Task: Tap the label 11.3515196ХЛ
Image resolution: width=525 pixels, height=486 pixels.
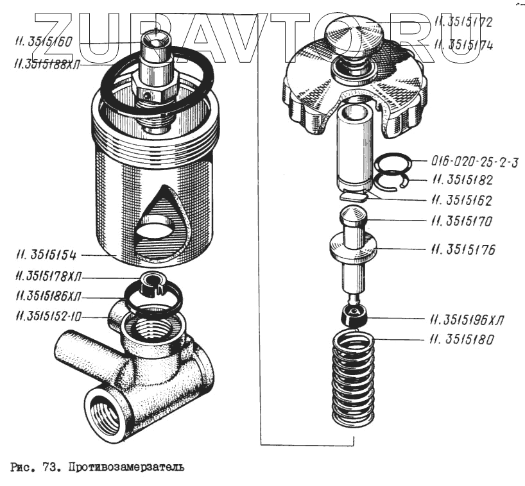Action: pos(467,319)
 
